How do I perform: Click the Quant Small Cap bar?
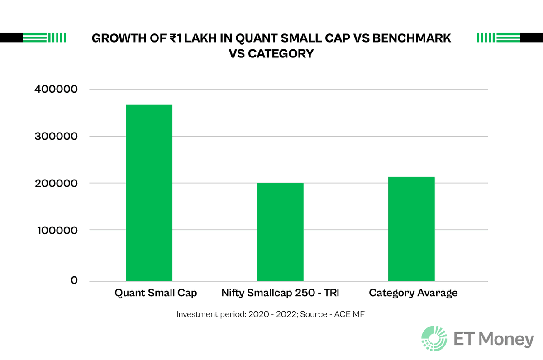(149, 193)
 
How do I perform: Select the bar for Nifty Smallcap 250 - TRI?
(280, 232)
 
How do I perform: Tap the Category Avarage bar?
(411, 229)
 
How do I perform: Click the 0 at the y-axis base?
(74, 281)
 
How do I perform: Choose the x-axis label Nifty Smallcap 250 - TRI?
(280, 293)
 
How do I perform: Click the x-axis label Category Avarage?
(413, 293)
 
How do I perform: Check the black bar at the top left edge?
(11, 38)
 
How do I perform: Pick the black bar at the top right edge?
(531, 38)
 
